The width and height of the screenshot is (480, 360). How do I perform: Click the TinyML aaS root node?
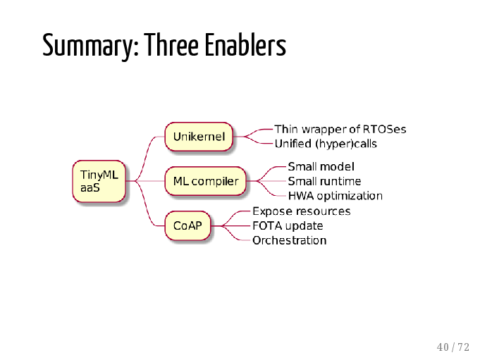pyautogui.click(x=99, y=181)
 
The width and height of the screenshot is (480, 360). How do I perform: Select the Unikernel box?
pyautogui.click(x=199, y=137)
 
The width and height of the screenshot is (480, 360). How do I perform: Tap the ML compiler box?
pyautogui.click(x=205, y=181)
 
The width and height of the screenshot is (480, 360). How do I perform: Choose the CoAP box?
pyautogui.click(x=187, y=225)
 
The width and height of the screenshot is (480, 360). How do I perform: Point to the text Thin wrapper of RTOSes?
pyautogui.click(x=340, y=130)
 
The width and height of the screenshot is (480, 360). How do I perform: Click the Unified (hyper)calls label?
pyautogui.click(x=326, y=144)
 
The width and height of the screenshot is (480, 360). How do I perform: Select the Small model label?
pyautogui.click(x=321, y=167)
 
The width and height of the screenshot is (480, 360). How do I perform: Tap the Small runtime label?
pyautogui.click(x=324, y=181)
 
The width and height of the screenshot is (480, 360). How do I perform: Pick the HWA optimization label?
pyautogui.click(x=336, y=196)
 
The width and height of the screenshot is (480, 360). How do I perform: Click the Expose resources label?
pyautogui.click(x=301, y=211)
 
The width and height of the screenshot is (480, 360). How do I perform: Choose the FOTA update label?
pyautogui.click(x=288, y=225)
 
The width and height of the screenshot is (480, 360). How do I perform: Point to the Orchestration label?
pyautogui.click(x=289, y=240)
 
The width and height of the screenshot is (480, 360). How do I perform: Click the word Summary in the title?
pyautogui.click(x=91, y=45)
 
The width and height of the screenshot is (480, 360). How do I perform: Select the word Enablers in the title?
pyautogui.click(x=245, y=44)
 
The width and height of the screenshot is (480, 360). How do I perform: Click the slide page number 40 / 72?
pyautogui.click(x=453, y=347)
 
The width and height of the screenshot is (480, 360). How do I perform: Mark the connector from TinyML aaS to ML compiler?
pyautogui.click(x=145, y=181)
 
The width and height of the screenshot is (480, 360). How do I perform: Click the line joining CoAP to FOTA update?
pyautogui.click(x=230, y=225)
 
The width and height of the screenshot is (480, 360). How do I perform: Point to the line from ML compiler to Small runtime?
pyautogui.click(x=266, y=181)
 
